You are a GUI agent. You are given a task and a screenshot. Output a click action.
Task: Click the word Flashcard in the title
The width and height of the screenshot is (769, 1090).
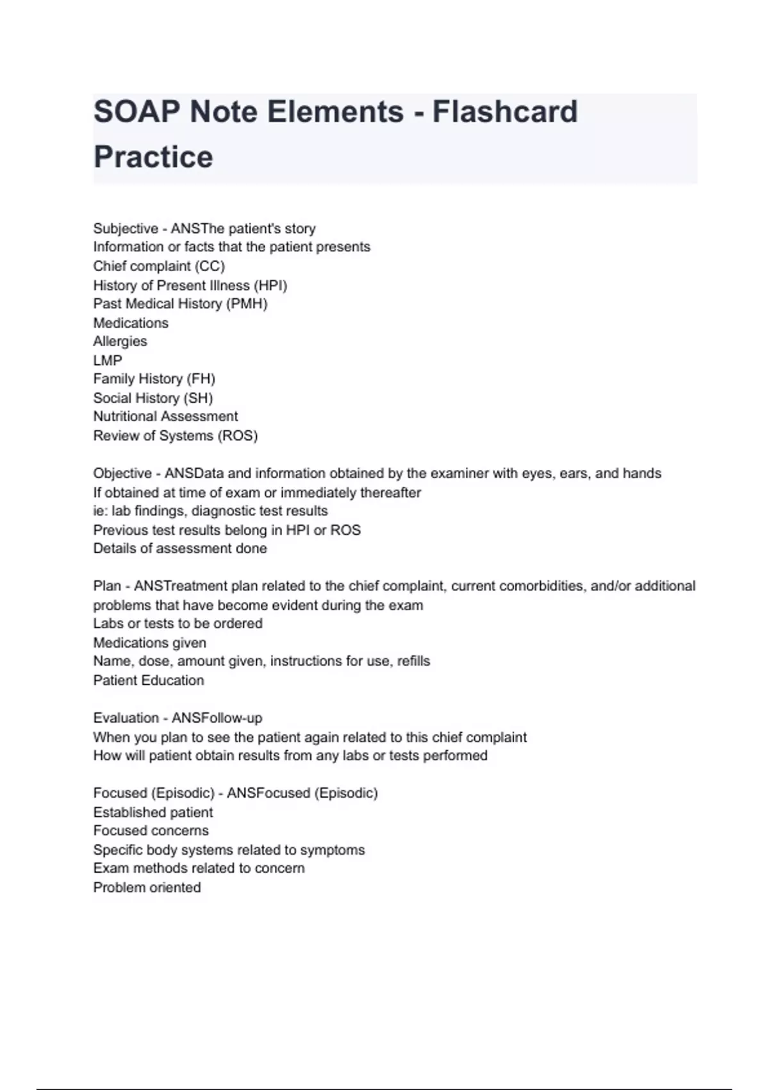point(505,112)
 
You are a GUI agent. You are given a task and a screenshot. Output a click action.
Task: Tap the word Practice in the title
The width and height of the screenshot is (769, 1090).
point(153,157)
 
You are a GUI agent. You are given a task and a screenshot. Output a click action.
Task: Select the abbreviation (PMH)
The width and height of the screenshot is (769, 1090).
point(247,304)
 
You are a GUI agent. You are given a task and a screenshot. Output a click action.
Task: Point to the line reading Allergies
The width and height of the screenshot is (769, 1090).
point(120,341)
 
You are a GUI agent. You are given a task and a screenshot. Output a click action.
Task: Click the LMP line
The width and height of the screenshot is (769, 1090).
point(108,360)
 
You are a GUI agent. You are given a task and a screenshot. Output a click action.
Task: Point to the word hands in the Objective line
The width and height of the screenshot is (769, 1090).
point(643,474)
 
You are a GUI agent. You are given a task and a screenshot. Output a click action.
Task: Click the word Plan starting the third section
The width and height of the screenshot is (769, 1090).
point(107,586)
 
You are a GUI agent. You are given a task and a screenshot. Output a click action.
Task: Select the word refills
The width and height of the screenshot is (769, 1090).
point(413,661)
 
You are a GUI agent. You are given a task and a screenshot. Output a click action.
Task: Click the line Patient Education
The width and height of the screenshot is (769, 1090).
point(149,680)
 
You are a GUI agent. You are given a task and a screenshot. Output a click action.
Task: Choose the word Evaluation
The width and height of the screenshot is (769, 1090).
point(125,718)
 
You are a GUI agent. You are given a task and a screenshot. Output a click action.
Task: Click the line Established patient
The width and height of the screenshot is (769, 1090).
point(153,812)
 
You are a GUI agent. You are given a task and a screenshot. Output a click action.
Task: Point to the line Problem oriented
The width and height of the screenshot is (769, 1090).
point(147,887)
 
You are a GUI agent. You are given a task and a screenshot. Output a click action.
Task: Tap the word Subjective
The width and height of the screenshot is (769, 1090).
point(126,229)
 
